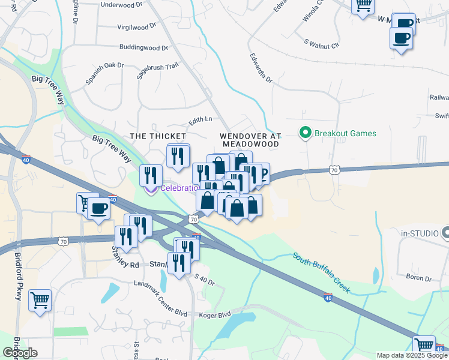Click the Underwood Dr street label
pyautogui.click(x=122, y=4)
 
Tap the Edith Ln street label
pyautogui.click(x=200, y=119)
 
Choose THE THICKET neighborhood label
pyautogui.click(x=154, y=136)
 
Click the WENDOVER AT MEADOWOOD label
pyautogui.click(x=251, y=140)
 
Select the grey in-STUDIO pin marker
pyautogui.click(x=445, y=232)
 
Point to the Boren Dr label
pyautogui.click(x=418, y=278)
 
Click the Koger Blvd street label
pyautogui.click(x=215, y=314)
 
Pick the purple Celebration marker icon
pyautogui.click(x=149, y=190)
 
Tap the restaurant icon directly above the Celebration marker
pyautogui.click(x=151, y=174)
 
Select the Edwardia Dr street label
pyautogui.click(x=261, y=70)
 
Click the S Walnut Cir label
pyautogui.click(x=322, y=44)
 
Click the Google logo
pyautogui.click(x=20, y=353)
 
